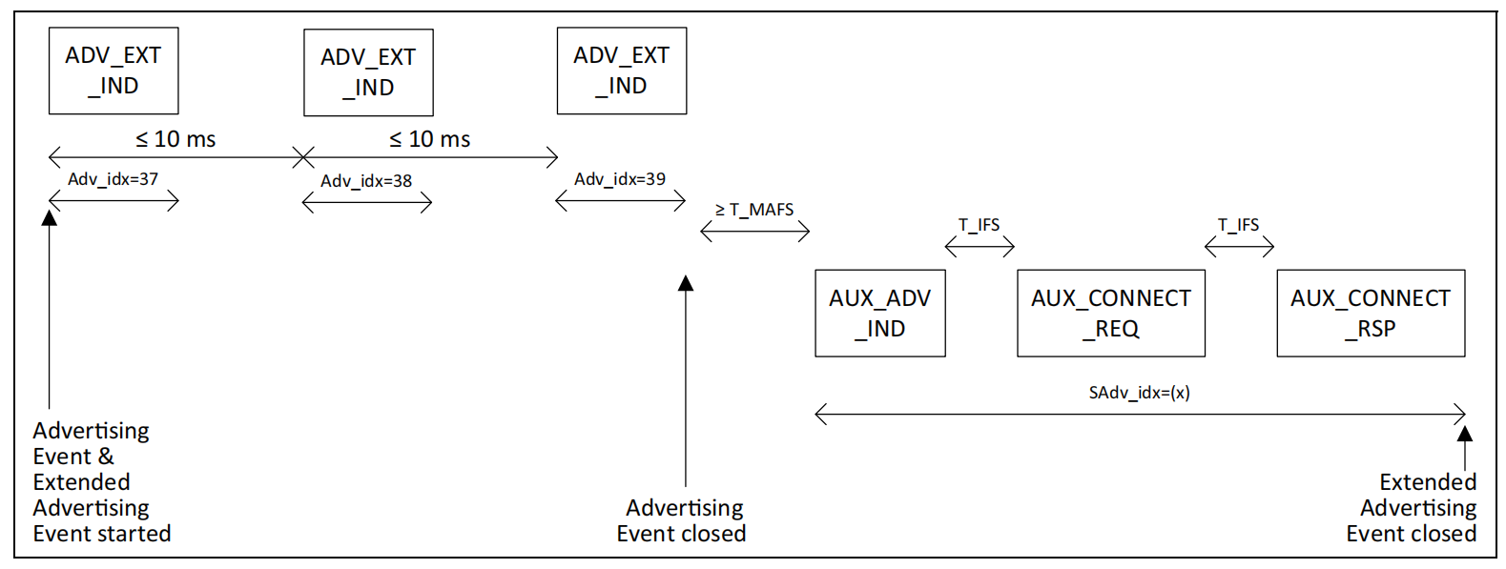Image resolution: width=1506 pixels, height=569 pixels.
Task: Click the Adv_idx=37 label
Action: (113, 178)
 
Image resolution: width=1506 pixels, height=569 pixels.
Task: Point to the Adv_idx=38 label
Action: (366, 181)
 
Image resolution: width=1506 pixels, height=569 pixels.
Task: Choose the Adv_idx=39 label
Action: (620, 178)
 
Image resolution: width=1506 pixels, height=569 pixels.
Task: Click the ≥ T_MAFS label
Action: (754, 210)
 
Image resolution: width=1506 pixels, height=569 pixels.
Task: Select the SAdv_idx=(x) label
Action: (1140, 393)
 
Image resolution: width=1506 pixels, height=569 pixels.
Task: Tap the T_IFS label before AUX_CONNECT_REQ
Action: (979, 224)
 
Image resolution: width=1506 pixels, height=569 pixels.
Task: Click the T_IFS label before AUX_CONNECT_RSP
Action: (1238, 224)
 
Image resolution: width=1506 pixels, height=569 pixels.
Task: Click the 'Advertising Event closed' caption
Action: (682, 520)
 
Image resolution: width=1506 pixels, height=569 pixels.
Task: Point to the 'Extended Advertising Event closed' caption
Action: (1412, 508)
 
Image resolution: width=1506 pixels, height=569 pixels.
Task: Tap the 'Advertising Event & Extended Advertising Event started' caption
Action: (101, 481)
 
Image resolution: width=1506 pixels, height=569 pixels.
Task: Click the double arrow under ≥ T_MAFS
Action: (755, 232)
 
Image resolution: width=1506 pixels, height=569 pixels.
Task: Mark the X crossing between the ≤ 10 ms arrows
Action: (303, 158)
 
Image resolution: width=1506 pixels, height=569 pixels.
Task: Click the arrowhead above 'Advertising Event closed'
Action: (686, 283)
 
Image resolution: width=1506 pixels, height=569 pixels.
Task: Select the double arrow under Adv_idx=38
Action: (367, 202)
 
